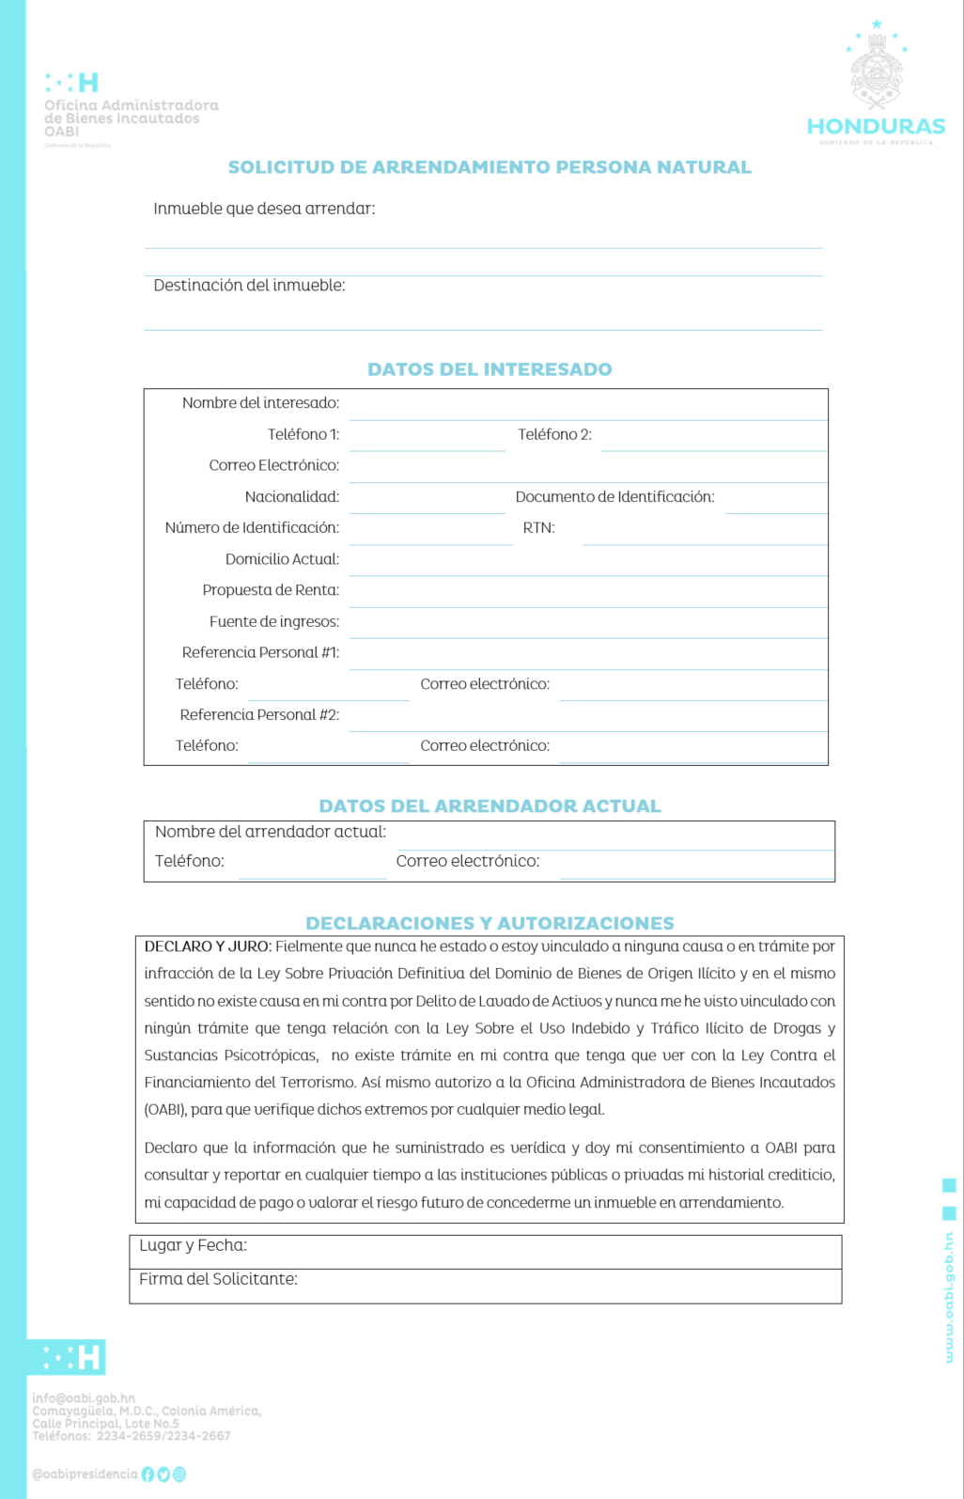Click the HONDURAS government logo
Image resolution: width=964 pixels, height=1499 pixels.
pyautogui.click(x=876, y=85)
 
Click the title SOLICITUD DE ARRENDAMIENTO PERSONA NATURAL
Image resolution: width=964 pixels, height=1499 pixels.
pyautogui.click(x=490, y=167)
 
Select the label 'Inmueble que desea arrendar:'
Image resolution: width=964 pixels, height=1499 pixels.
pyautogui.click(x=264, y=209)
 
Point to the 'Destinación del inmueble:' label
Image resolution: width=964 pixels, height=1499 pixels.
pyautogui.click(x=249, y=286)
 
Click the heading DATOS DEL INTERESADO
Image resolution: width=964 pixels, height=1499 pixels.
pyautogui.click(x=490, y=369)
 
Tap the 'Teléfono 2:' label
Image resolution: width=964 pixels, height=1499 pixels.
pyautogui.click(x=554, y=434)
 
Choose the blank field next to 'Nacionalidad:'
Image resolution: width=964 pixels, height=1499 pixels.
pyautogui.click(x=428, y=499)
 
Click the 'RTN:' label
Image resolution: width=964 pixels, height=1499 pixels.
pyautogui.click(x=538, y=528)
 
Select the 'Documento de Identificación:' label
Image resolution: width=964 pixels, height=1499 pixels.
pyautogui.click(x=614, y=497)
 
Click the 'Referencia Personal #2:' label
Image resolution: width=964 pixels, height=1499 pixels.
pyautogui.click(x=259, y=715)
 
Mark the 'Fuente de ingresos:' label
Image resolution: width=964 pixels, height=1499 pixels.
pyautogui.click(x=274, y=622)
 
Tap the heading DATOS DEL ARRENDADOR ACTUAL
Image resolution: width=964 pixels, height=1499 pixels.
pyautogui.click(x=490, y=806)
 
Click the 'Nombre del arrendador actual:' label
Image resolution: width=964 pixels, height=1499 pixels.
pyautogui.click(x=271, y=832)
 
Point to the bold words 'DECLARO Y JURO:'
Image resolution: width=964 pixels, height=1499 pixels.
pyautogui.click(x=208, y=946)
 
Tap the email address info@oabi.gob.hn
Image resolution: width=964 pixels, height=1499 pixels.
pyautogui.click(x=84, y=1398)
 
